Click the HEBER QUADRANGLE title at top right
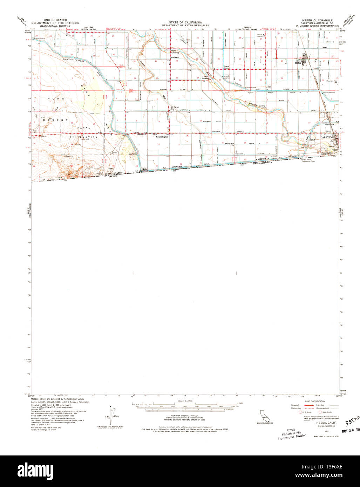pyautogui.click(x=314, y=20)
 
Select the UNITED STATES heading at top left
pyautogui.click(x=54, y=21)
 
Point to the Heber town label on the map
pyautogui.click(x=298, y=63)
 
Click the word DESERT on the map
pyautogui.click(x=51, y=120)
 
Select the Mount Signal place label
pyautogui.click(x=162, y=137)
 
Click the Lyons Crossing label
pyautogui.click(x=205, y=78)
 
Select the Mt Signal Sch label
pyautogui.click(x=175, y=108)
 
